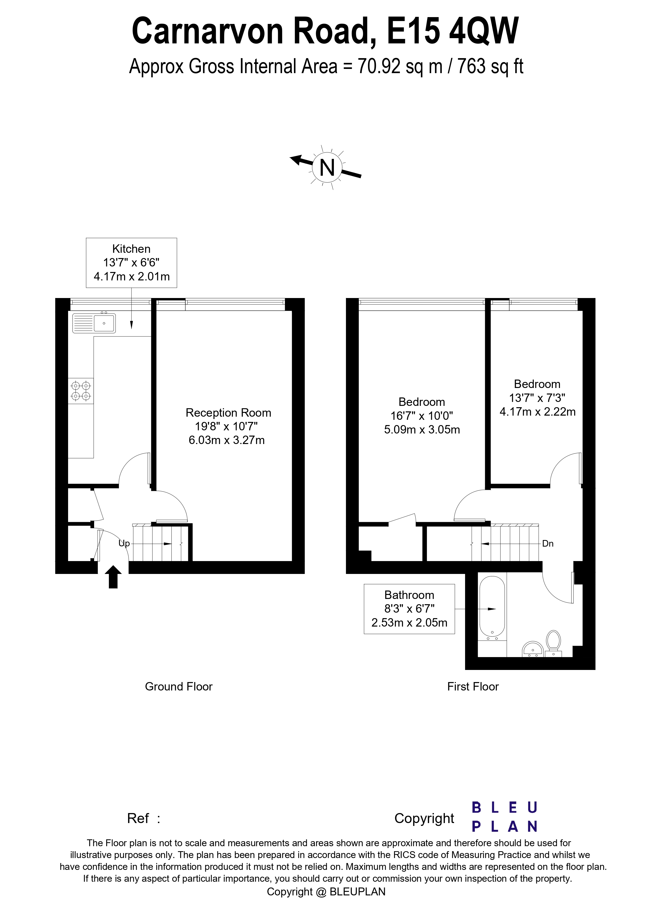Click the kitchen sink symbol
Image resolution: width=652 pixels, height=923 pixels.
tap(94, 323)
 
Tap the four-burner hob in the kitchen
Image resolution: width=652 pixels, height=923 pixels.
tap(81, 391)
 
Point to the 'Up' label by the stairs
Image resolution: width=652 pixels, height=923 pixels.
tap(124, 543)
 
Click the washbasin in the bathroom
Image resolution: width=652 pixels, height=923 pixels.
tap(533, 649)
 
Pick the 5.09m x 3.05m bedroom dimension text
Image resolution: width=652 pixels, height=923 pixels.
tap(422, 430)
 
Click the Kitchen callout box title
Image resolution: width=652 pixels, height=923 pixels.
tap(131, 249)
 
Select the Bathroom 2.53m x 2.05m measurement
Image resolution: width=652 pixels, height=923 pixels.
tap(409, 623)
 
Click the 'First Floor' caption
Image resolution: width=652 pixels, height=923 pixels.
tap(473, 687)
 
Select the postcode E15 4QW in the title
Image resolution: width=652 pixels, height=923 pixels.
tap(452, 31)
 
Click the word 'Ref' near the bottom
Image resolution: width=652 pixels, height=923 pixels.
tap(138, 819)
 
